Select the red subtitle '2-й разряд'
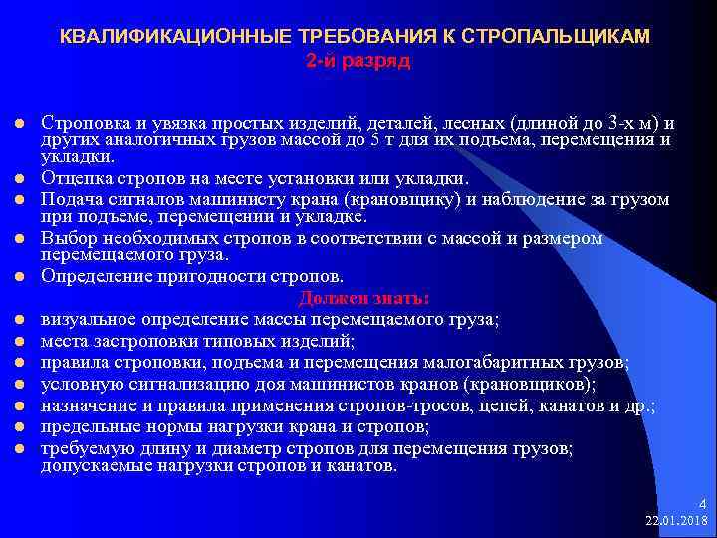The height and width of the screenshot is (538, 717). pos(357,60)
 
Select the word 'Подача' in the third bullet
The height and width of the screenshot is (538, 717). pos(69,199)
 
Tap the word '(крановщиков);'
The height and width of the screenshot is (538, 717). pos(539,384)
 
